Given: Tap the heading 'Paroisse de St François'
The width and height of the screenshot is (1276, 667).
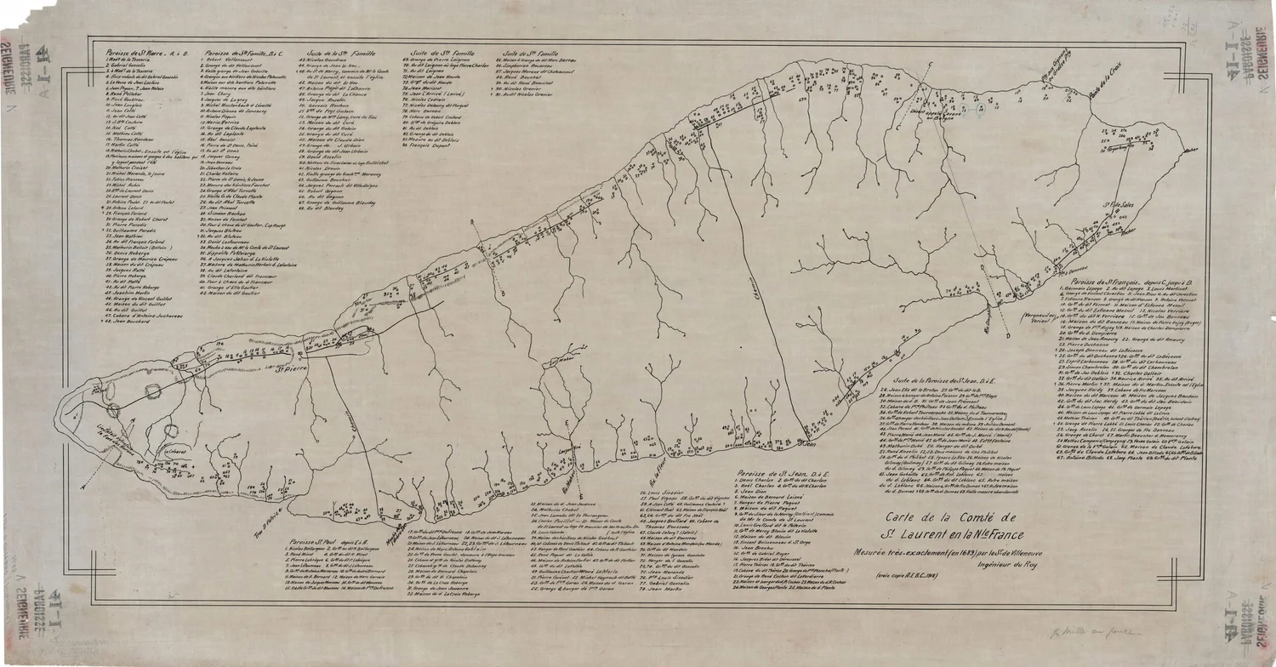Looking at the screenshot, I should [1123, 280].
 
